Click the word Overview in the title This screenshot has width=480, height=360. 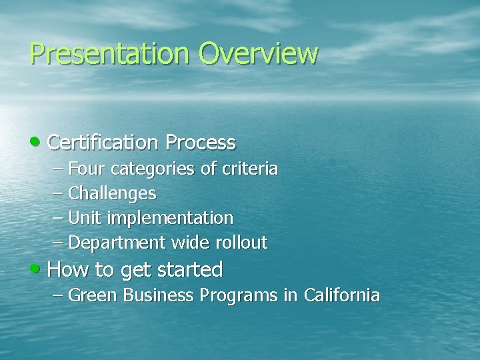click(258, 53)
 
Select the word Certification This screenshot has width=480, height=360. click(103, 143)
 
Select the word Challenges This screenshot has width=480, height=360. click(112, 194)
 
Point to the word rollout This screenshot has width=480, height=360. click(241, 243)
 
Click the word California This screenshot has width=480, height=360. click(341, 295)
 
